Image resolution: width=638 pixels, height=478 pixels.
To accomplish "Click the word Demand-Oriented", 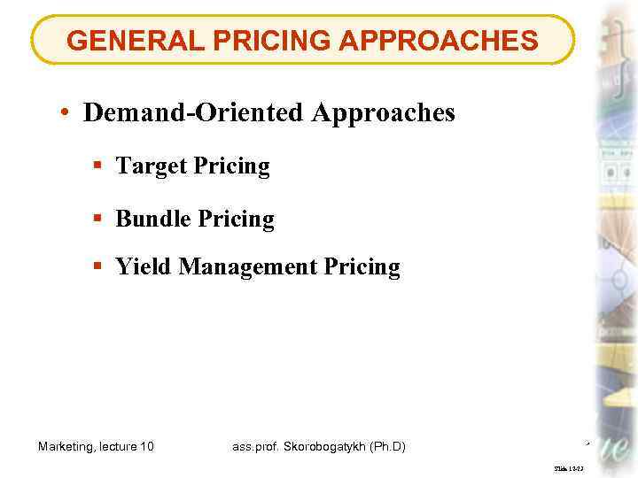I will tap(194, 112).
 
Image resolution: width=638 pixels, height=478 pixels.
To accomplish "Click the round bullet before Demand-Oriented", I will tap(66, 113).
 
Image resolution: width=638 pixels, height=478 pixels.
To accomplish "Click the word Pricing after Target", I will tap(230, 166).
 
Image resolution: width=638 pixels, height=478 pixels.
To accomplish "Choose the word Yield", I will tap(144, 266).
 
